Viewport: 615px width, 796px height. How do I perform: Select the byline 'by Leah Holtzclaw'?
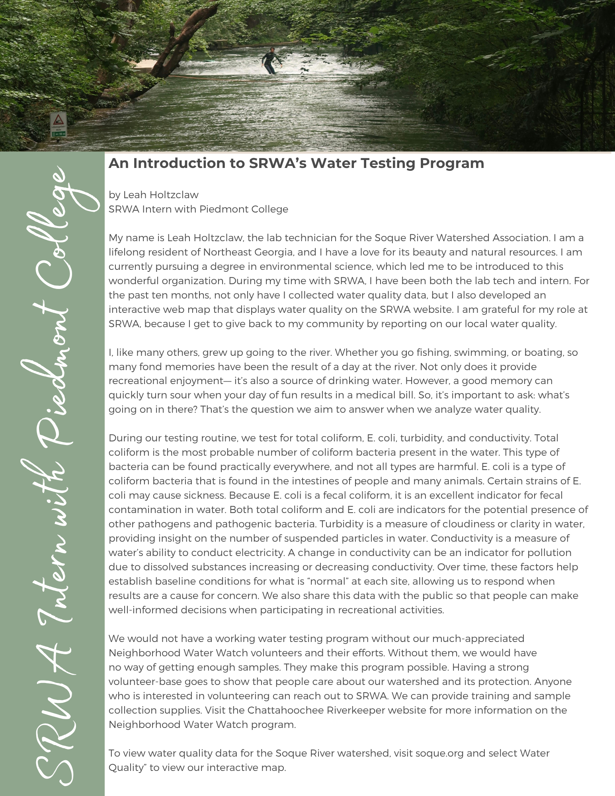pyautogui.click(x=153, y=195)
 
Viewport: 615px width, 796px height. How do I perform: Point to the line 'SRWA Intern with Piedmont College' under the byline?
pyautogui.click(x=198, y=209)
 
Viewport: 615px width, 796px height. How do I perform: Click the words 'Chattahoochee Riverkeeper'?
pyautogui.click(x=316, y=710)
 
